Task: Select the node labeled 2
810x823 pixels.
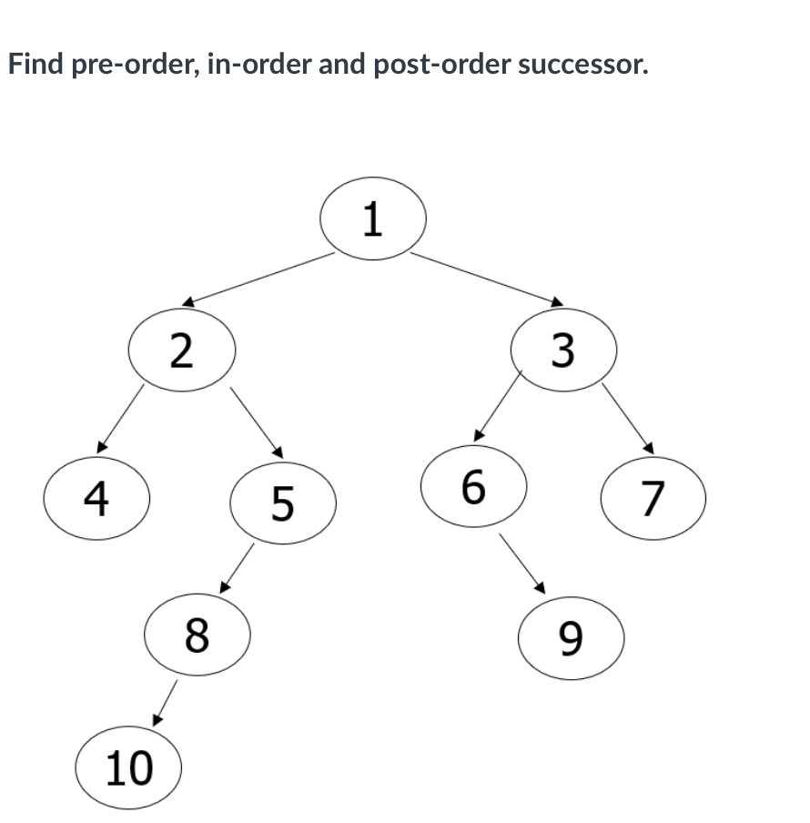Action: (182, 351)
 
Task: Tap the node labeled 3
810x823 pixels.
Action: (564, 351)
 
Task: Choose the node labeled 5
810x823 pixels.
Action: (283, 503)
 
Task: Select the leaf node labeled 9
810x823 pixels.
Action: (570, 638)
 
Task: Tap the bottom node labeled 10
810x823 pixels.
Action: (129, 768)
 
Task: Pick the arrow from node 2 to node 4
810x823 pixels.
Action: (121, 418)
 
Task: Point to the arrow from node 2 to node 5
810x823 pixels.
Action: (257, 422)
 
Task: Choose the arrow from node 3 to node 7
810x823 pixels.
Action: (627, 417)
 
